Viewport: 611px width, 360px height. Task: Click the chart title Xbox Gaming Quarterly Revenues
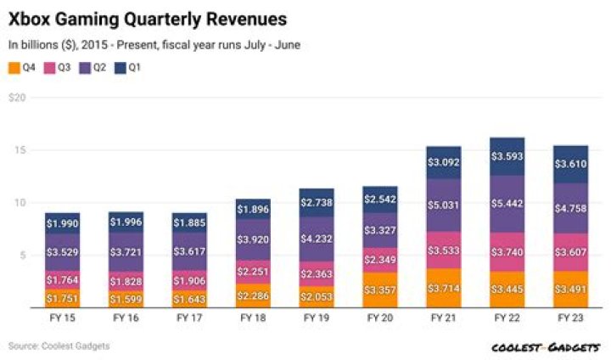tap(147, 19)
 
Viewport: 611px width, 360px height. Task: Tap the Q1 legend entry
tap(128, 67)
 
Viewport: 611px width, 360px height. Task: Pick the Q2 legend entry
tap(93, 67)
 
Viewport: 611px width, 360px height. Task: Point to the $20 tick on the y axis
tap(17, 98)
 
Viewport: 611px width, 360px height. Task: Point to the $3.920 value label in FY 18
tap(251, 239)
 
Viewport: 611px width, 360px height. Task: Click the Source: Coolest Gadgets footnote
tap(59, 346)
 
